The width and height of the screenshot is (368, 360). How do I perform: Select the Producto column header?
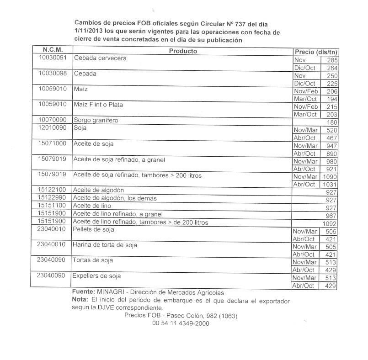(x=183, y=51)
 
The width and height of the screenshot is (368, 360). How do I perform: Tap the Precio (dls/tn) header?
(x=316, y=52)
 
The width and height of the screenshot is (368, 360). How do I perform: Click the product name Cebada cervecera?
(x=100, y=58)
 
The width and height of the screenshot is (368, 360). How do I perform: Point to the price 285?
(x=332, y=60)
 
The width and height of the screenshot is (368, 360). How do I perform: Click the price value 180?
(x=332, y=122)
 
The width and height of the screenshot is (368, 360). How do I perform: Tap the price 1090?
(x=329, y=177)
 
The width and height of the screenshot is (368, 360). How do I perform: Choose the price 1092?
(x=329, y=224)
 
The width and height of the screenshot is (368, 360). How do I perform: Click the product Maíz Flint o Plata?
(x=98, y=105)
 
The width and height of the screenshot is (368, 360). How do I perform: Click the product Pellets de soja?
(x=94, y=229)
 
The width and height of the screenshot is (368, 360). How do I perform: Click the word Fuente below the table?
(x=83, y=291)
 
